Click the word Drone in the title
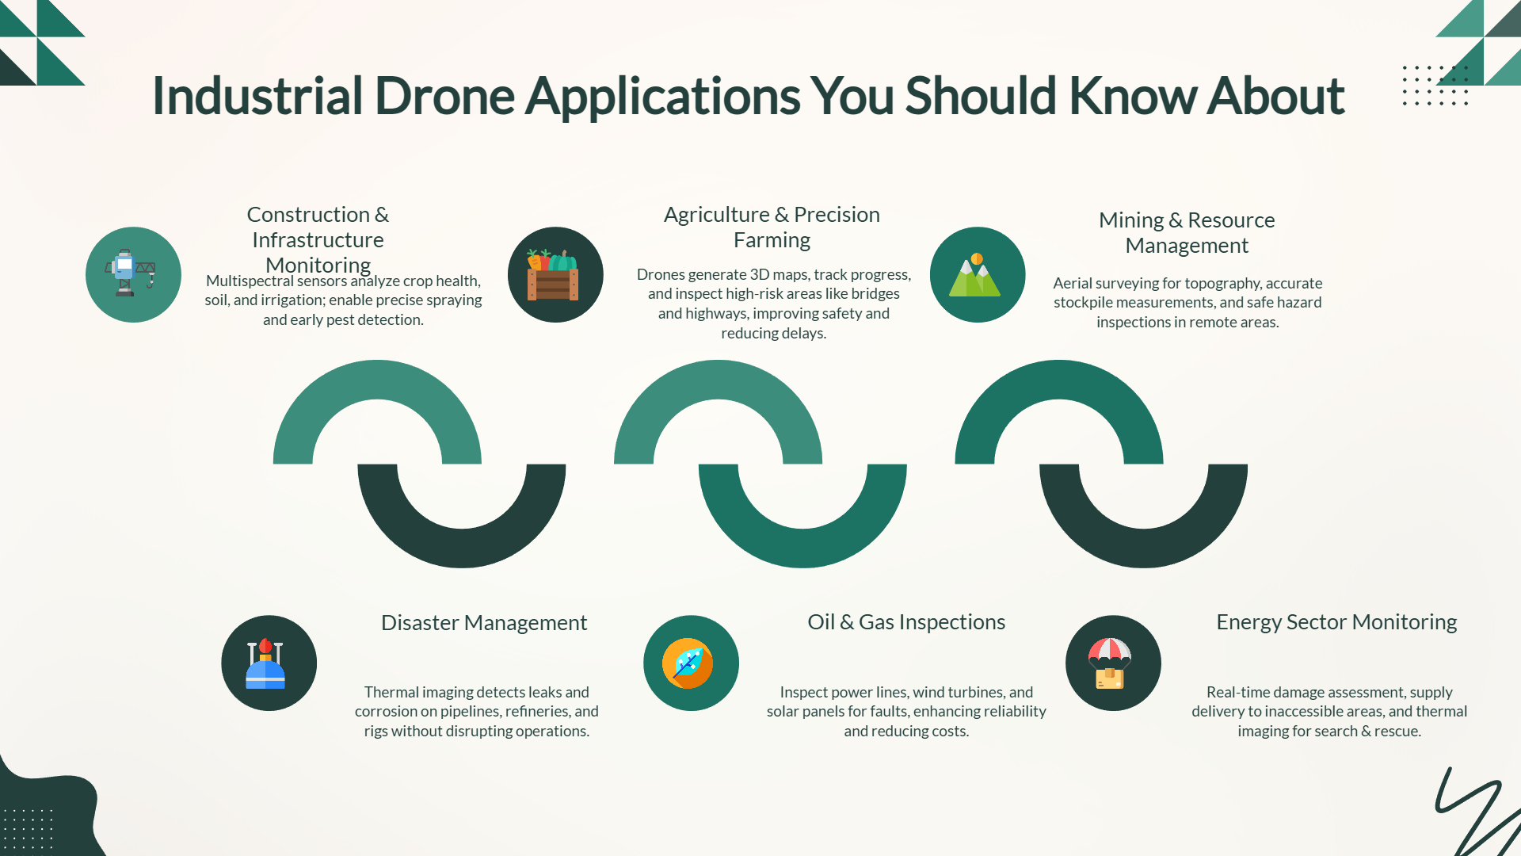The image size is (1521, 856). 444,96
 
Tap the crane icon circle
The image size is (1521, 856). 133,274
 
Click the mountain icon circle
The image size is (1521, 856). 978,274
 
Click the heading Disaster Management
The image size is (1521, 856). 484,623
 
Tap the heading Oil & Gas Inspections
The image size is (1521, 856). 906,622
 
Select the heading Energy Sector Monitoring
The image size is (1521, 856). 1336,622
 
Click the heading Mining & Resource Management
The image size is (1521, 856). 1187,232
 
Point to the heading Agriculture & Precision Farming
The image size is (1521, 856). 772,227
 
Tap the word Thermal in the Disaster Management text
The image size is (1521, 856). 391,692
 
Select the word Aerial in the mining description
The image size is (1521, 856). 1073,283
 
